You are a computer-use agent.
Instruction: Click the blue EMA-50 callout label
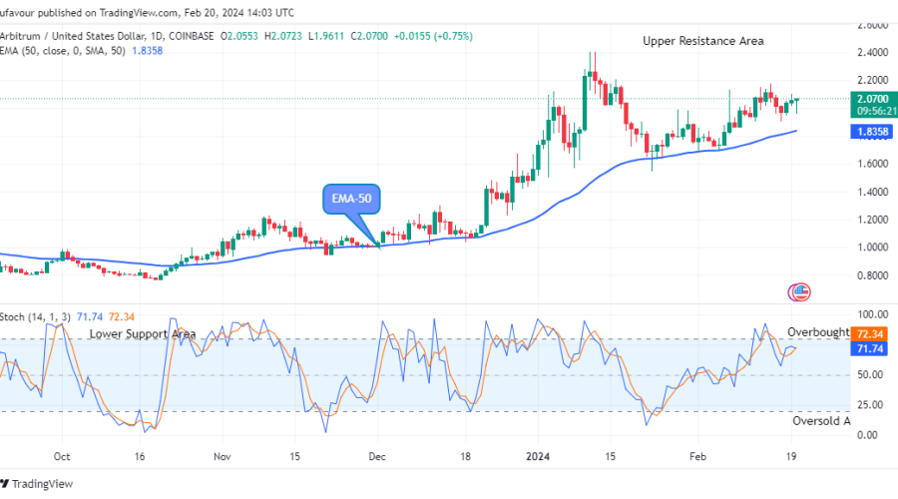(x=352, y=199)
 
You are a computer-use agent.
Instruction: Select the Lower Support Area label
(x=142, y=334)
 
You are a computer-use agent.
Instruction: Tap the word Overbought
(x=818, y=332)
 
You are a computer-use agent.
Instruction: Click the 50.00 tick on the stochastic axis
(x=870, y=375)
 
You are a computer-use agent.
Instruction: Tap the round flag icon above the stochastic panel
(x=799, y=292)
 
